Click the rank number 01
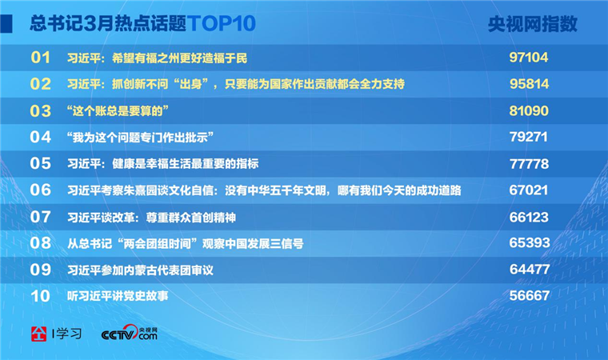pos(40,58)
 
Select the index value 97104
pos(529,58)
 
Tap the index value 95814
pos(529,84)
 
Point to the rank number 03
pos(40,111)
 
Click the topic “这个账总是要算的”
pos(118,111)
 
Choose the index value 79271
pos(528,137)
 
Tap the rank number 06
pos(40,190)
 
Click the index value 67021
pos(529,190)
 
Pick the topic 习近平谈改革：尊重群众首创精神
pos(152,218)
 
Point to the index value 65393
pos(530,243)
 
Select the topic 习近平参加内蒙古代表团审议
pos(140,270)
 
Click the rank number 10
pos(40,296)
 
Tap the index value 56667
pos(530,296)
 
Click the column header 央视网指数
pos(532,24)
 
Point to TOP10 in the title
pos(222,23)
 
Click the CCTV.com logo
pos(130,334)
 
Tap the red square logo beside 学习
pos(38,334)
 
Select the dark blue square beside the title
pos(6,24)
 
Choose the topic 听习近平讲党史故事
pos(118,296)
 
